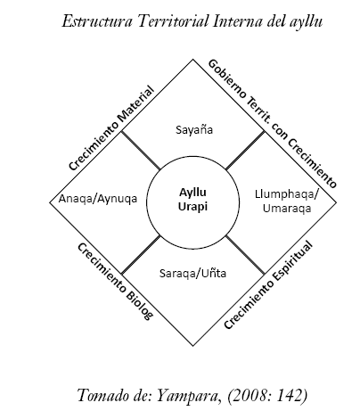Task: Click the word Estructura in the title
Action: [97, 21]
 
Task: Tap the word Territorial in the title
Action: [173, 21]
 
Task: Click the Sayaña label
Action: [194, 130]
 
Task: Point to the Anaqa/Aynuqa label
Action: [98, 199]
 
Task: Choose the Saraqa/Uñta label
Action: [192, 273]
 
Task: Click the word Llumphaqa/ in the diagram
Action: [287, 194]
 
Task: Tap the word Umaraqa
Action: [287, 209]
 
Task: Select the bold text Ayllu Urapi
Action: [192, 199]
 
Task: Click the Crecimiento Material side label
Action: [111, 128]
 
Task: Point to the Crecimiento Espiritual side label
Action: [268, 285]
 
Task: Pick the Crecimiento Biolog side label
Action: [115, 281]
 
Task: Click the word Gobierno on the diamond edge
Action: [227, 79]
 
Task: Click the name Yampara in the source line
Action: [188, 396]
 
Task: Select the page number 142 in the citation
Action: [287, 396]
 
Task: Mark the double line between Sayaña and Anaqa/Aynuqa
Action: [141, 151]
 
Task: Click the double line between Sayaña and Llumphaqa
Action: [245, 151]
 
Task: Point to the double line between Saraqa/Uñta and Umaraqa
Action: [245, 255]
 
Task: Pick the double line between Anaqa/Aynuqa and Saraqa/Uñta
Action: [141, 255]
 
